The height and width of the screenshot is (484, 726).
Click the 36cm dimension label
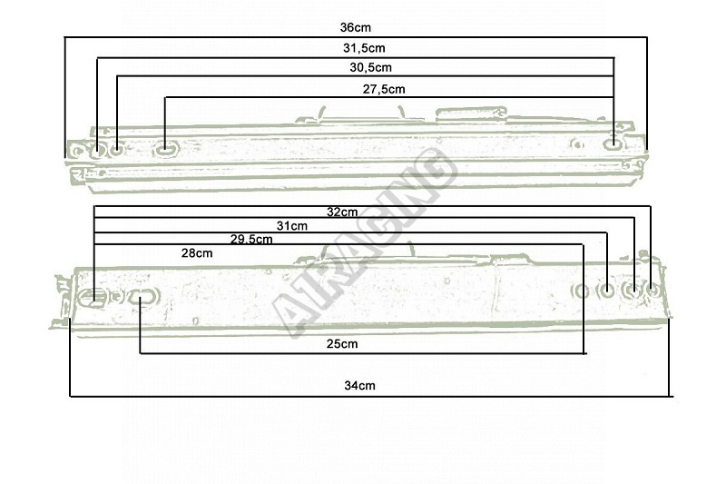tap(355, 27)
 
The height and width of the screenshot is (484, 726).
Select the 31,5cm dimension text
tap(364, 48)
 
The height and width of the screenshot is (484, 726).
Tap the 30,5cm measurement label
tap(370, 67)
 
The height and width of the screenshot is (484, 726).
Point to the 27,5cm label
tap(383, 89)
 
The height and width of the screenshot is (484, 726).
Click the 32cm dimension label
tap(342, 212)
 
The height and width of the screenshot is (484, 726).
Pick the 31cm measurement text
tap(291, 226)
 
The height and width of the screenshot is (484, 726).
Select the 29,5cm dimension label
tap(251, 240)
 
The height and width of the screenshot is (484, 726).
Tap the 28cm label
tap(197, 253)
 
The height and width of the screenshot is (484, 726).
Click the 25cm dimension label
tap(342, 343)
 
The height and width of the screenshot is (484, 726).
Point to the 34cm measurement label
tap(359, 385)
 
